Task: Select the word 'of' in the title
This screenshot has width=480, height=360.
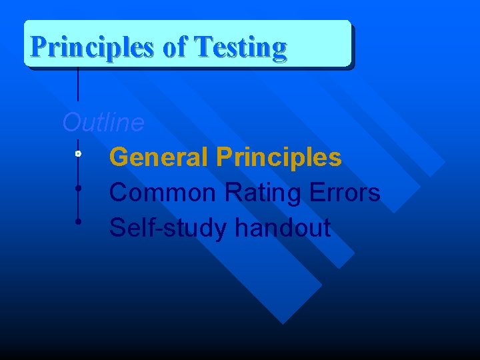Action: coord(175,48)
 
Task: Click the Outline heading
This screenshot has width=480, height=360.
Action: coord(103,123)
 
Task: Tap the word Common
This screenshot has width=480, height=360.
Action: coord(163,193)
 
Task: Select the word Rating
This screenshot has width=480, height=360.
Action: coord(265,193)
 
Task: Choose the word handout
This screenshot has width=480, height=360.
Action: coord(283,228)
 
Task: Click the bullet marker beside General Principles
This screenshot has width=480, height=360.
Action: coord(78,154)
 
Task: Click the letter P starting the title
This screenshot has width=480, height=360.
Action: coord(39,47)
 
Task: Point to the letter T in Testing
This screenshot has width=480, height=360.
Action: coord(201,47)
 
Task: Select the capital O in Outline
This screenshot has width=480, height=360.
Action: coord(71,123)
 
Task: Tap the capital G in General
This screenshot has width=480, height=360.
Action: coord(119,158)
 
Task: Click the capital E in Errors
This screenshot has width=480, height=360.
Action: coord(318,193)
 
